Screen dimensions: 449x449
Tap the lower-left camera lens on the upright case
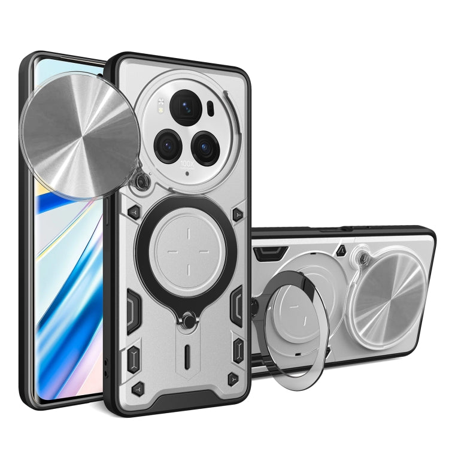point(167,144)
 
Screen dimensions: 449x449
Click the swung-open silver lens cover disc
point(79,123)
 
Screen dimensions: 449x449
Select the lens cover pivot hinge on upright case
point(142,180)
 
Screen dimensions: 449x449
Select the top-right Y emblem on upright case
point(238,213)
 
